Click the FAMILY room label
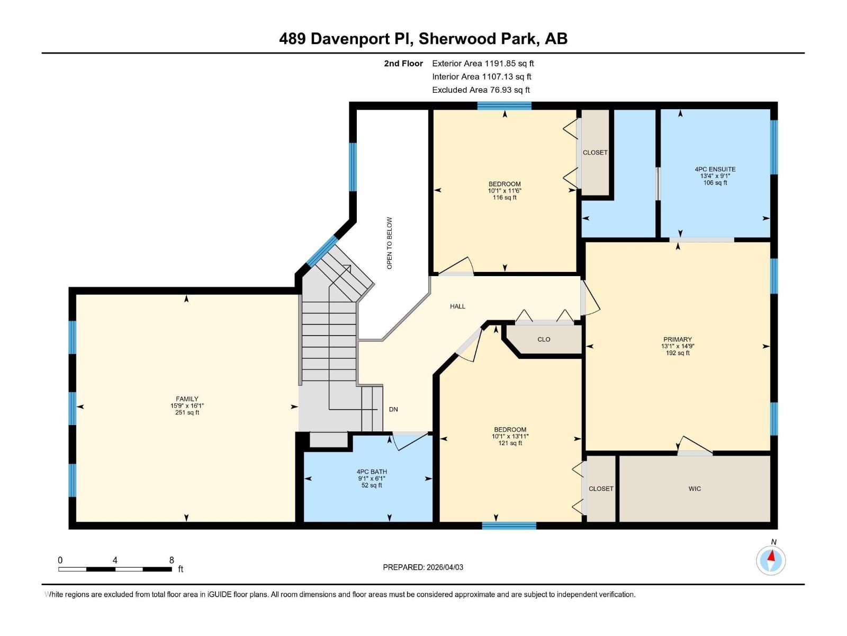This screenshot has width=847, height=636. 187,399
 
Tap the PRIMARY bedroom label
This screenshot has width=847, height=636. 678,339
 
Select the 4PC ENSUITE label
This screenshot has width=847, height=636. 715,169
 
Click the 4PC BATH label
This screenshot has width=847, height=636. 372,472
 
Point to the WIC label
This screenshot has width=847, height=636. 695,489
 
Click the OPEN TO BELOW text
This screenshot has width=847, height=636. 390,243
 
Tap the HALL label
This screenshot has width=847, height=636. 457,306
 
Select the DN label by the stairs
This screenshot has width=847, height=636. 393,409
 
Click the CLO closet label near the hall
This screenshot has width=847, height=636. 544,339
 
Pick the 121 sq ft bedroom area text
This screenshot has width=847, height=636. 510,443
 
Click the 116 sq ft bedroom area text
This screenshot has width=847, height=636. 504,197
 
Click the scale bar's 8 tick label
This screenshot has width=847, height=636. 172,560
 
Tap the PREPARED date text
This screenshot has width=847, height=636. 423,567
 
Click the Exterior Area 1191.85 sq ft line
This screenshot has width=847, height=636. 483,63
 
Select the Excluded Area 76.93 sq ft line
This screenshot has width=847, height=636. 481,90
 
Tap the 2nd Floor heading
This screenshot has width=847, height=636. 403,63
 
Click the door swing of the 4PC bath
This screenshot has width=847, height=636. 411,441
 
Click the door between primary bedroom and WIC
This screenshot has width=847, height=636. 695,446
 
